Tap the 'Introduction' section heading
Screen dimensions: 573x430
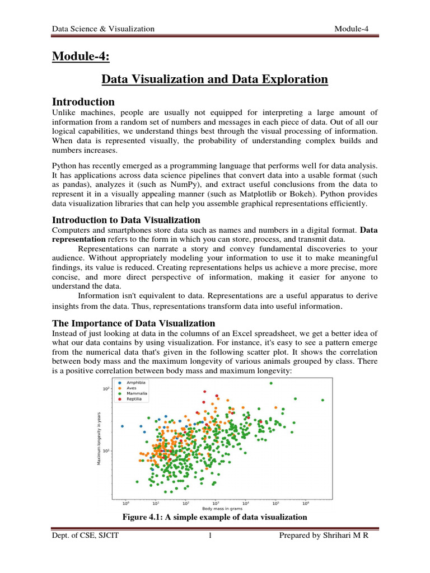coord(83,102)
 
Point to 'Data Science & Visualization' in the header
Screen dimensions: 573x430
coord(102,29)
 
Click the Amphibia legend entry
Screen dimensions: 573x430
coord(137,383)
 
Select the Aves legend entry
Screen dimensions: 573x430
coord(132,388)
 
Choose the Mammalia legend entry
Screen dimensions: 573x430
coord(137,394)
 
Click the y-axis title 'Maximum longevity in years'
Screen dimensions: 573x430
coord(99,439)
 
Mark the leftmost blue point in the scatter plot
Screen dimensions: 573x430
coord(123,426)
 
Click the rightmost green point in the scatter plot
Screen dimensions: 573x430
coord(322,400)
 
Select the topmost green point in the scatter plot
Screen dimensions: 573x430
coord(271,383)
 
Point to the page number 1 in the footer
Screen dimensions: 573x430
coord(209,537)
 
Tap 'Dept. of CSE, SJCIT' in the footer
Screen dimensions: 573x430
coord(86,537)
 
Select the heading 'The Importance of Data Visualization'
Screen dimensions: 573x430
coord(133,323)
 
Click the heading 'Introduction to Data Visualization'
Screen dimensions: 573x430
coord(126,219)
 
